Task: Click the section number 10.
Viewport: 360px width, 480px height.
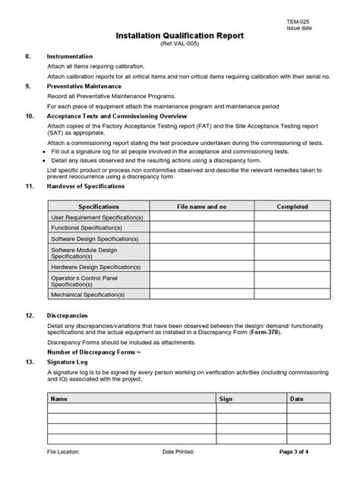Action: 30,117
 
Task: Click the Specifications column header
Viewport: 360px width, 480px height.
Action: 99,206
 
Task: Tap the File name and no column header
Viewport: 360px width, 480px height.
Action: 202,206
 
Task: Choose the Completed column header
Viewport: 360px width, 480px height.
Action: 292,206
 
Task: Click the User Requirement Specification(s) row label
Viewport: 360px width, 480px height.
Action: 96,217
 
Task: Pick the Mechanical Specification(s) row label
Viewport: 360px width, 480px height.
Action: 87,294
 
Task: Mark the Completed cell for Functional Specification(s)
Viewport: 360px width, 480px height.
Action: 292,228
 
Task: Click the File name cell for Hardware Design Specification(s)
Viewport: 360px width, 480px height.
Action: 202,267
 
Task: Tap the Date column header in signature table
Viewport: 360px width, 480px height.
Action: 296,397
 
